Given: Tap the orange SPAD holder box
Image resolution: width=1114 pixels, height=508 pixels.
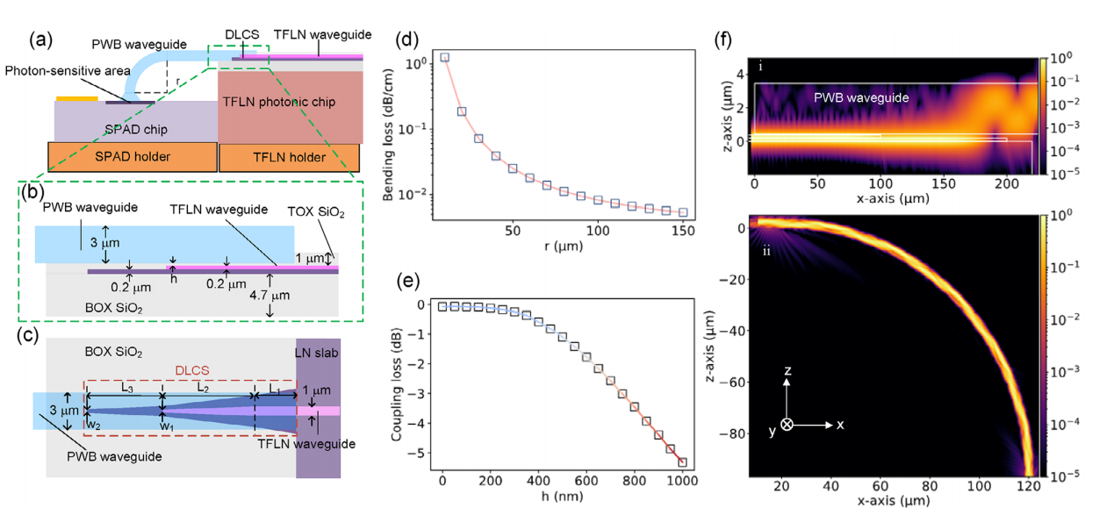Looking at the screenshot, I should (x=132, y=157).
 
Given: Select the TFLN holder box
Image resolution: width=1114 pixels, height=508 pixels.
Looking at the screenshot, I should (x=288, y=157).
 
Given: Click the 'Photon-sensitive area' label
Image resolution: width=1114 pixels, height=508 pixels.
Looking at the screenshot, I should (x=69, y=70).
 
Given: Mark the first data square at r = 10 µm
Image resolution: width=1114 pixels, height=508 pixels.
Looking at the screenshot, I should (x=445, y=57).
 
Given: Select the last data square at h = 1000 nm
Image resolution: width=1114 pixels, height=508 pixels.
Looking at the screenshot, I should (x=683, y=462).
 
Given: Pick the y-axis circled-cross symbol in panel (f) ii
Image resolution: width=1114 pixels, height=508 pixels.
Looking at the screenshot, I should (x=787, y=424).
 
